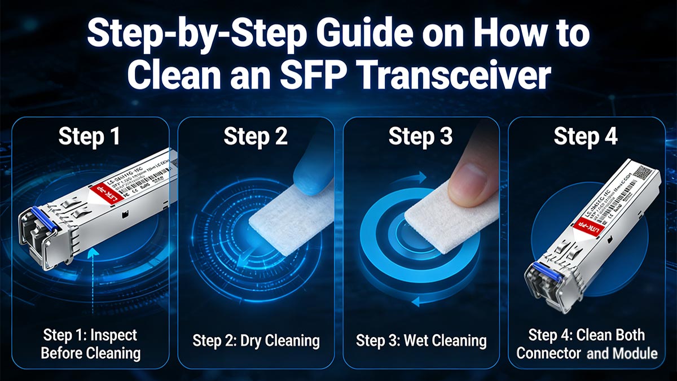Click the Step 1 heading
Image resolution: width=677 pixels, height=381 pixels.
pos(90,137)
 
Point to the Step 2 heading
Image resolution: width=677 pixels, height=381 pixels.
pos(256,137)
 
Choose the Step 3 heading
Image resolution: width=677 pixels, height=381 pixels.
pos(421,137)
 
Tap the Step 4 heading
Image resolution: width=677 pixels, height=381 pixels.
pos(586,137)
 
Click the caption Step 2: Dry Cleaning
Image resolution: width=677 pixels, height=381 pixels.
pos(256,340)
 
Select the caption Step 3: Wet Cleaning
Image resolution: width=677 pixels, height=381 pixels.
pos(421,340)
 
